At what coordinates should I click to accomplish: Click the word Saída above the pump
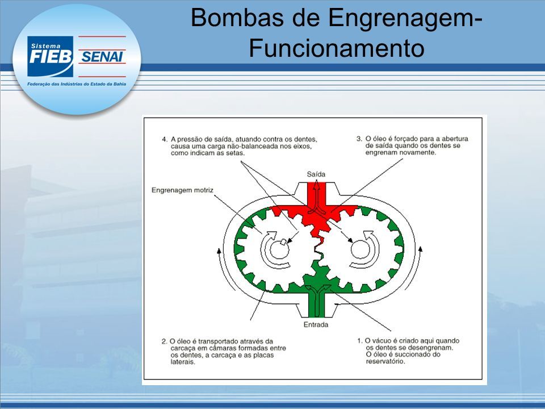pyautogui.click(x=316, y=174)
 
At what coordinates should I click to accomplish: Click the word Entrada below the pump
pyautogui.click(x=316, y=324)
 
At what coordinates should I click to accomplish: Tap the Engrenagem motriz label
pyautogui.click(x=182, y=190)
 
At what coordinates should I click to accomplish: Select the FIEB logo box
pyautogui.click(x=51, y=56)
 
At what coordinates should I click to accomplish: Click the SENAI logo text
pyautogui.click(x=102, y=57)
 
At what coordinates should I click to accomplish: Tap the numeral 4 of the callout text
pyautogui.click(x=164, y=140)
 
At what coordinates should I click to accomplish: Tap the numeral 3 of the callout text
pyautogui.click(x=359, y=139)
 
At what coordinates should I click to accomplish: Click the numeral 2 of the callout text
pyautogui.click(x=164, y=341)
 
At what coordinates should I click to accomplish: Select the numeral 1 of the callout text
pyautogui.click(x=359, y=341)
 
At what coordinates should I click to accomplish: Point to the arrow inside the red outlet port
pyautogui.click(x=317, y=196)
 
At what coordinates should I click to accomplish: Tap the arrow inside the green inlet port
pyautogui.click(x=317, y=300)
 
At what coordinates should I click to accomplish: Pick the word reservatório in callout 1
pyautogui.click(x=386, y=361)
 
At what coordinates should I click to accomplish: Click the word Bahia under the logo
pyautogui.click(x=119, y=84)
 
